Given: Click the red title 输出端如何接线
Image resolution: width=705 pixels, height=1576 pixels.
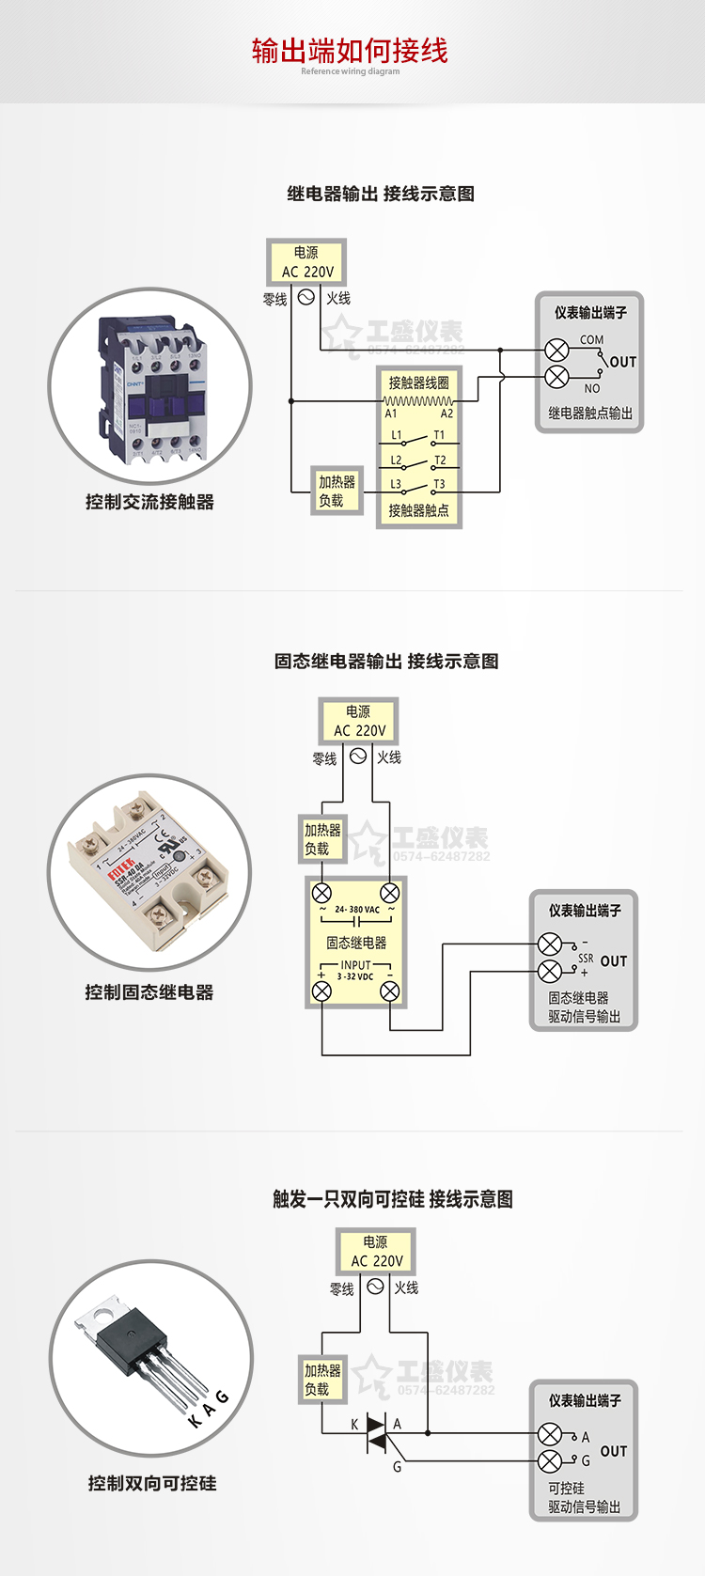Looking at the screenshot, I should (x=350, y=51).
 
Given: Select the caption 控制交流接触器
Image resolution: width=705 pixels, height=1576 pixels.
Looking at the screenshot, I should (x=149, y=502).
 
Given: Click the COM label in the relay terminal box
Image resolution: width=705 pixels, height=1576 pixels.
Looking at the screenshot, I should (x=591, y=339).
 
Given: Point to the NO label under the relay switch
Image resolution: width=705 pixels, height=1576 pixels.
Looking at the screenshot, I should (x=591, y=388).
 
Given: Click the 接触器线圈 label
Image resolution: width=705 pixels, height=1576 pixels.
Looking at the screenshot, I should (x=418, y=382).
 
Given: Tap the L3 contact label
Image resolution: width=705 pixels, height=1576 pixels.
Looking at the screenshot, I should (x=396, y=484).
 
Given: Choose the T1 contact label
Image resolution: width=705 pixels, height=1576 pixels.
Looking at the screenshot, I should (x=439, y=435).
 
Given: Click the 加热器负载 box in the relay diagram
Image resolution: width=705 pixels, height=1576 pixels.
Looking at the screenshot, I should (x=337, y=491).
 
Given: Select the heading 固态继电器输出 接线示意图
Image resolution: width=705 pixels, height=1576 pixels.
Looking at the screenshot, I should (x=386, y=661).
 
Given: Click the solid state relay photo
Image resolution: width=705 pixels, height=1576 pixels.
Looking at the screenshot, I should (x=150, y=872).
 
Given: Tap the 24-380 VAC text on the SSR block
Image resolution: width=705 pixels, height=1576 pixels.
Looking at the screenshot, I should (x=357, y=910).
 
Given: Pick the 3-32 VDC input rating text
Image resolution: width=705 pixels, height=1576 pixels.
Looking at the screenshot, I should (x=355, y=976).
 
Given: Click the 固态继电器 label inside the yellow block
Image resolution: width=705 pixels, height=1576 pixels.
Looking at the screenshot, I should (x=356, y=943).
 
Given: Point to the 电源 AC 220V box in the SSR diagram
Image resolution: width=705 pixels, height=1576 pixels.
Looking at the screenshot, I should (x=359, y=721).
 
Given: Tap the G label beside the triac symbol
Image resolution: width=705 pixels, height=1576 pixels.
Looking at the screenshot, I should (x=397, y=1466).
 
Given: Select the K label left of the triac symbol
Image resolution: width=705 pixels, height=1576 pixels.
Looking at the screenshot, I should (x=354, y=1424).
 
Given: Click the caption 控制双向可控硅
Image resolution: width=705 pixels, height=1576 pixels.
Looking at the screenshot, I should (x=152, y=1483).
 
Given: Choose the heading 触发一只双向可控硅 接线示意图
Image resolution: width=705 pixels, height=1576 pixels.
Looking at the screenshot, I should (x=393, y=1199).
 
